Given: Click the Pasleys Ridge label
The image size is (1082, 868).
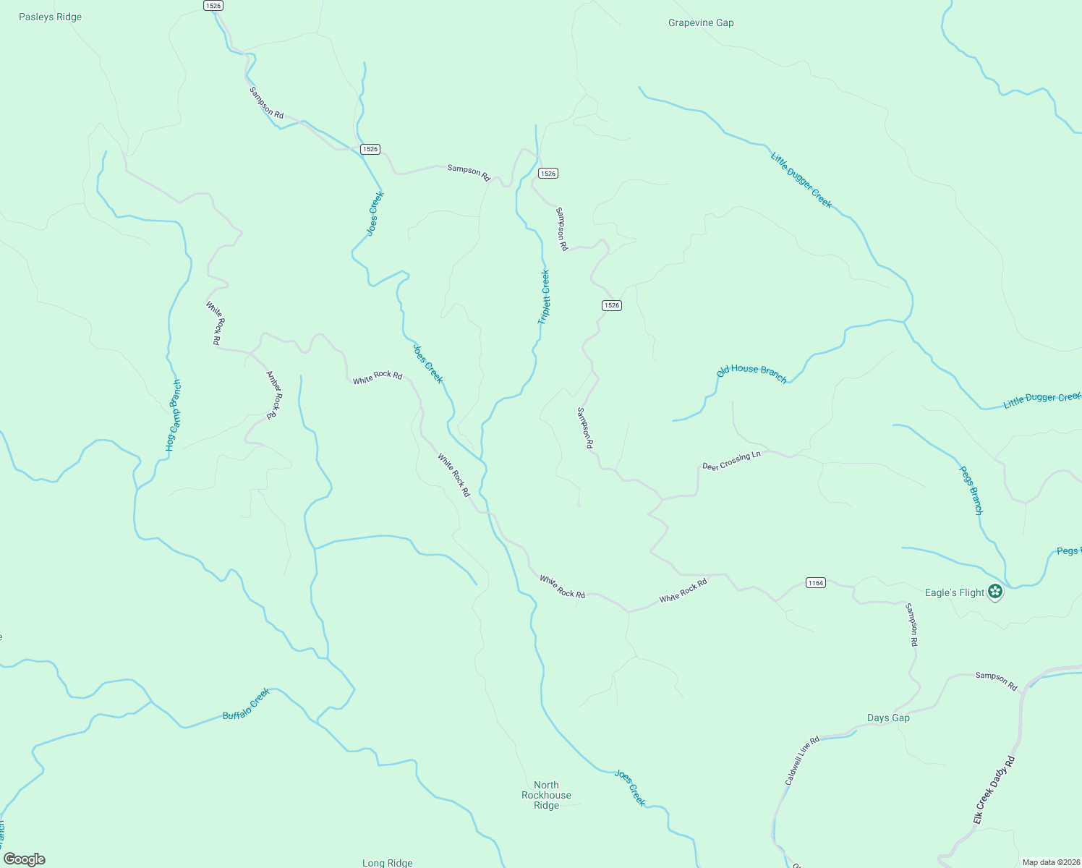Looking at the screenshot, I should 50,17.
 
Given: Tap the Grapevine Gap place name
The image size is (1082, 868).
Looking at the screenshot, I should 701,22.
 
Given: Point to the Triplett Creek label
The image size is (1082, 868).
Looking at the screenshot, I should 544,297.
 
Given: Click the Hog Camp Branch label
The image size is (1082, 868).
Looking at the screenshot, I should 174,415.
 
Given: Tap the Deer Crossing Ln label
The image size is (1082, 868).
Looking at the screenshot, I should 731,461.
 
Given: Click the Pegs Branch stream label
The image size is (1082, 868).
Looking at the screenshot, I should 971,490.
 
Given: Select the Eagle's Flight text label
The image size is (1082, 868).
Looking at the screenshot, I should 955,592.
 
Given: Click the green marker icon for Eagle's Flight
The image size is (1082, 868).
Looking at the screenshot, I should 995,592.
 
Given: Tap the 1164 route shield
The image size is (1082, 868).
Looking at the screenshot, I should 815,582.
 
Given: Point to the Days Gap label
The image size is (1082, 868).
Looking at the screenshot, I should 888,718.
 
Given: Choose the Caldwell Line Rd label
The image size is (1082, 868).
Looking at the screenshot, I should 802,760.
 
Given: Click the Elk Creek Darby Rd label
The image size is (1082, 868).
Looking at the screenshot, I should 994,789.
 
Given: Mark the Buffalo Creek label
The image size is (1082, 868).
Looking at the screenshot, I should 246,704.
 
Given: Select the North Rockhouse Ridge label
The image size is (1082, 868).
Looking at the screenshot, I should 546,795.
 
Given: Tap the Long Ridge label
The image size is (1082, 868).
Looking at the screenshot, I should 387,862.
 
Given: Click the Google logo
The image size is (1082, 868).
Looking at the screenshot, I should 25,859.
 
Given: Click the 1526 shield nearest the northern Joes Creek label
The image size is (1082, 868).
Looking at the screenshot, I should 370,149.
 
